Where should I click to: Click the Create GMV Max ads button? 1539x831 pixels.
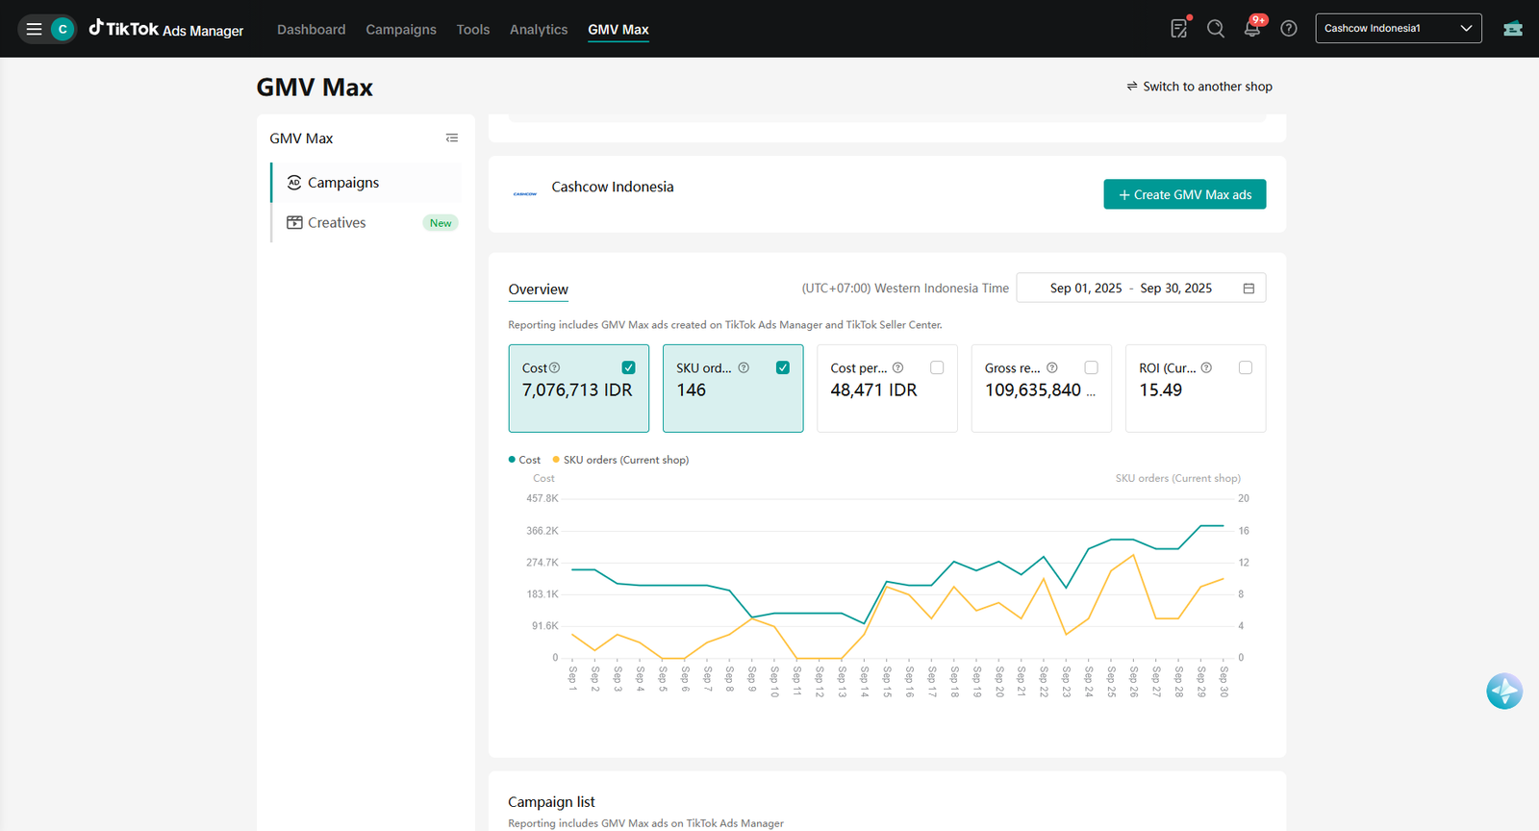point(1184,194)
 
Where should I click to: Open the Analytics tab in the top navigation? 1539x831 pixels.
point(539,30)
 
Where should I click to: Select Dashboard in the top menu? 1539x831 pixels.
point(312,30)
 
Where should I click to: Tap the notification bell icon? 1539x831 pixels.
point(1251,29)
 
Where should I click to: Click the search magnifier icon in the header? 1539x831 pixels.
point(1216,29)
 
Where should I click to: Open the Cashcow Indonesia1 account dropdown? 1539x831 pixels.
point(1399,28)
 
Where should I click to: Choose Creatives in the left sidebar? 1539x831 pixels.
point(337,222)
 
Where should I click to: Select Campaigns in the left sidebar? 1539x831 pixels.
point(342,183)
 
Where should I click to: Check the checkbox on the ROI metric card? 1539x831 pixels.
point(1245,367)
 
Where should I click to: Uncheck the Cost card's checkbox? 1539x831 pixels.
point(628,367)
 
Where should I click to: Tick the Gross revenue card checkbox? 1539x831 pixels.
point(1091,367)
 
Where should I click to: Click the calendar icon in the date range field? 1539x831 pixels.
point(1249,289)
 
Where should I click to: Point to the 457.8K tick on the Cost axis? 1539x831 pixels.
point(542,498)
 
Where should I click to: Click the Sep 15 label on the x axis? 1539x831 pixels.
point(887,681)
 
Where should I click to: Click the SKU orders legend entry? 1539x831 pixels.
point(621,460)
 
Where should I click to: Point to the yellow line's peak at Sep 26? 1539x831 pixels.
point(1133,555)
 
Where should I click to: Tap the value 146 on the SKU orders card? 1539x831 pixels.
point(692,390)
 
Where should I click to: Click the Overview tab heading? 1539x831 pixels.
point(538,290)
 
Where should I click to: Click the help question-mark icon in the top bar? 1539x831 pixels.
point(1289,29)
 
